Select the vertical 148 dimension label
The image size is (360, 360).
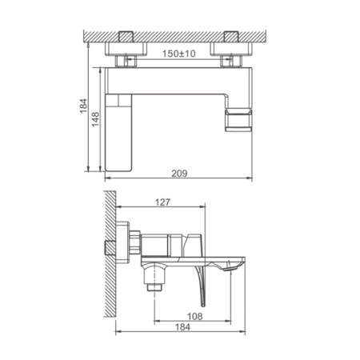94,118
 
